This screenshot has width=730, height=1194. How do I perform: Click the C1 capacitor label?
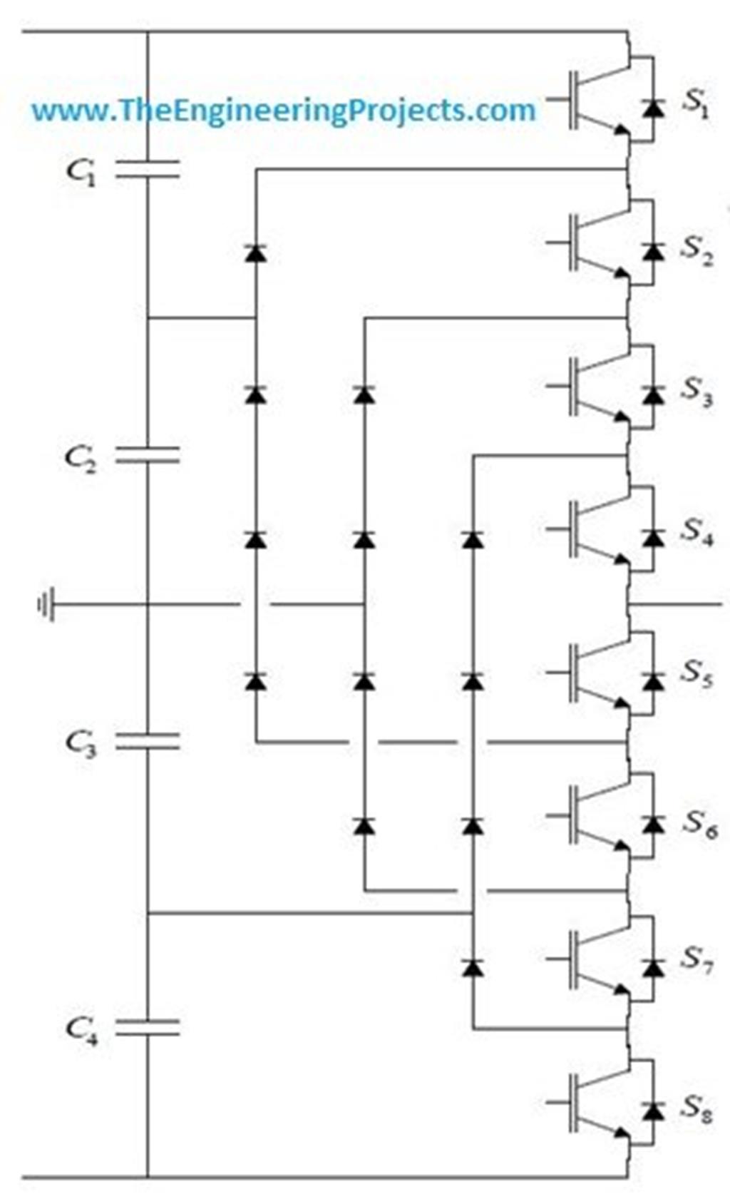[81, 171]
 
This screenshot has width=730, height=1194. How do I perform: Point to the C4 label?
[81, 1029]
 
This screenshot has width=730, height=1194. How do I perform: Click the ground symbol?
[45, 606]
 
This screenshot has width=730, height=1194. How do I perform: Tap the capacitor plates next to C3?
[148, 742]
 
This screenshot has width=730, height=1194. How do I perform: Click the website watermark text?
[283, 111]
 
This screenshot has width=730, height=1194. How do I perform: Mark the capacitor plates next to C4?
[148, 1027]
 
